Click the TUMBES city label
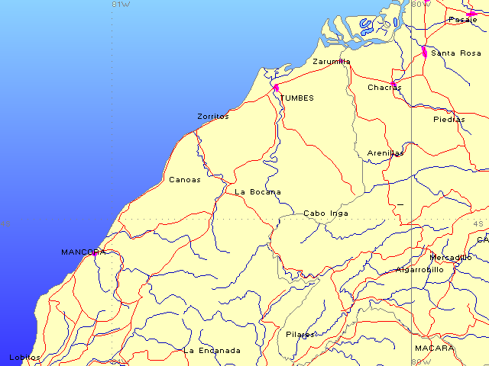[296, 98]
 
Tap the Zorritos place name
[212, 117]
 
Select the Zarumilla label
[332, 62]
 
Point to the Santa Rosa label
[456, 53]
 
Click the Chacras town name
[384, 88]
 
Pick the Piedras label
[449, 120]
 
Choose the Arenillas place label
[385, 153]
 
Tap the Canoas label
[184, 180]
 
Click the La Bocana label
[257, 192]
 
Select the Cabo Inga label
[325, 213]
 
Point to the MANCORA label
[83, 252]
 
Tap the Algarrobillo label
[419, 270]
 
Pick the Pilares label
[300, 335]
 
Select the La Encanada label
[212, 351]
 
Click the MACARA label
[433, 348]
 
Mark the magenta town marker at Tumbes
[276, 88]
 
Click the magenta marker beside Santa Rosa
[424, 52]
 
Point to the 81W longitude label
[121, 5]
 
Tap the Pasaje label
[462, 20]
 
